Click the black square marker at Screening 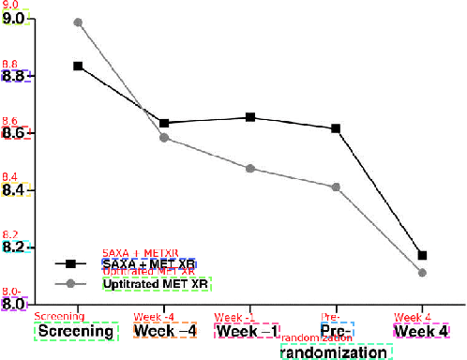78,67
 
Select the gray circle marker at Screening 78,22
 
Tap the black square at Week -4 164,123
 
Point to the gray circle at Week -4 164,138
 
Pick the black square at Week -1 250,117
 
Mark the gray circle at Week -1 250,169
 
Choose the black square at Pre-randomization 336,128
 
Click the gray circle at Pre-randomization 336,187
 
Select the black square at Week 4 422,255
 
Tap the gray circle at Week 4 422,273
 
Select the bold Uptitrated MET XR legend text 156,283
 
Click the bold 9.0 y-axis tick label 16,19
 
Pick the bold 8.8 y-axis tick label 16,76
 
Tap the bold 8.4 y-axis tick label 16,190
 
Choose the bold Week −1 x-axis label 248,332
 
